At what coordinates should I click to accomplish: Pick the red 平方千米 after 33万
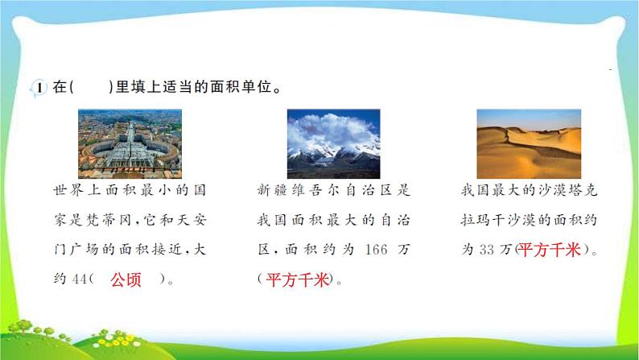(550, 250)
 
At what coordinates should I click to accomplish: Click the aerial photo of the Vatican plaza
(130, 143)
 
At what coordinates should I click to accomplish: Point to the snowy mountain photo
(333, 143)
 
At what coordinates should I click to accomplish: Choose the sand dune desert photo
(528, 143)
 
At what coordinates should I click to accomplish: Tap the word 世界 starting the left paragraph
(62, 192)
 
